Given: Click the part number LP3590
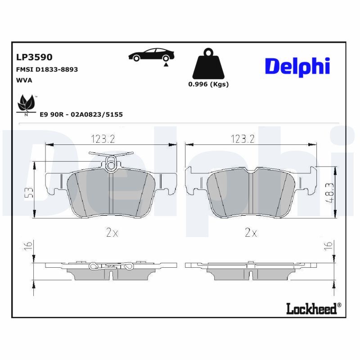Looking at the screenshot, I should pyautogui.click(x=34, y=57).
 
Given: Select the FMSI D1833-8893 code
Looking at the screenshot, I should pyautogui.click(x=47, y=69).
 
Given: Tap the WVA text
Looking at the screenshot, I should pyautogui.click(x=24, y=80).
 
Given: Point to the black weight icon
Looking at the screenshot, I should pyautogui.click(x=207, y=65).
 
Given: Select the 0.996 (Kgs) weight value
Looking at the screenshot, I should pyautogui.click(x=208, y=85).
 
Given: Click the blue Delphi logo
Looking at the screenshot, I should pyautogui.click(x=297, y=67).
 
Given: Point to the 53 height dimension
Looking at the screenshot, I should pyautogui.click(x=29, y=193).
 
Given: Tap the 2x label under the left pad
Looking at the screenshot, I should pyautogui.click(x=112, y=233).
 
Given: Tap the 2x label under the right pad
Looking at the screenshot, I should pyautogui.click(x=250, y=233).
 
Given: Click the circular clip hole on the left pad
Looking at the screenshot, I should pyautogui.click(x=111, y=166).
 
